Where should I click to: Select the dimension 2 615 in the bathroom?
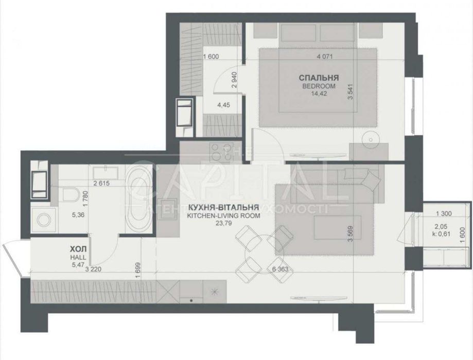[103, 183]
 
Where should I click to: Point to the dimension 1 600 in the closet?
[212, 57]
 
